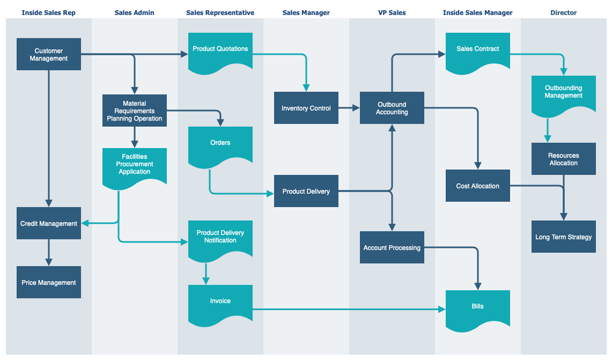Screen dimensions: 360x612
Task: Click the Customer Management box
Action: coord(49,54)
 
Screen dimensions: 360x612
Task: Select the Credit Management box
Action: coord(49,223)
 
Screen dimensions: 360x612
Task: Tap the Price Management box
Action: coord(49,282)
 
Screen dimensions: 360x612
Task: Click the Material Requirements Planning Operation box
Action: coord(135,111)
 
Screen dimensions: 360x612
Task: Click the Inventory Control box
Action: coord(306,108)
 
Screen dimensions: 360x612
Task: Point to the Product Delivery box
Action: coord(306,191)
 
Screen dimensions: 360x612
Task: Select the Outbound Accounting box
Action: coord(392,108)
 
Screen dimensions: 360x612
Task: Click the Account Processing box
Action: coord(392,247)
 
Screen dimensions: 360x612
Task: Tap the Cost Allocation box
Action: coord(478,186)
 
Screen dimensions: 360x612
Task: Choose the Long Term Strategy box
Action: coord(564,237)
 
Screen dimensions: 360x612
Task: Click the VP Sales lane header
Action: coord(392,12)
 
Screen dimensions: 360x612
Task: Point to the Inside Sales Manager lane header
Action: coord(478,12)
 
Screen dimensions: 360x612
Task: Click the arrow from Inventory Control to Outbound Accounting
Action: coord(349,108)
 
